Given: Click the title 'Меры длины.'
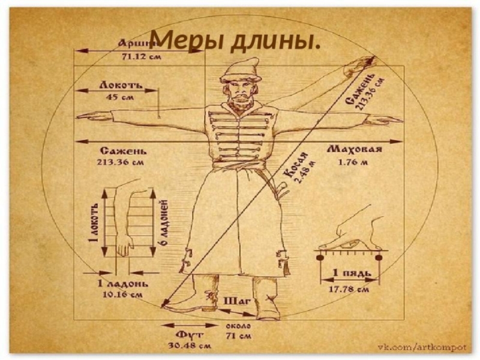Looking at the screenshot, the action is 234,41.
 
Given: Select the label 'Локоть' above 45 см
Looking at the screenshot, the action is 121,86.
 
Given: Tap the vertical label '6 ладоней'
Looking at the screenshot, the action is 163,223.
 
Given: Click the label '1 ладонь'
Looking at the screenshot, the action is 120,283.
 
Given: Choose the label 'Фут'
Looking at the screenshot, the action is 187,333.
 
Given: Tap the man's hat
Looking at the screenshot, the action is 240,70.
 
